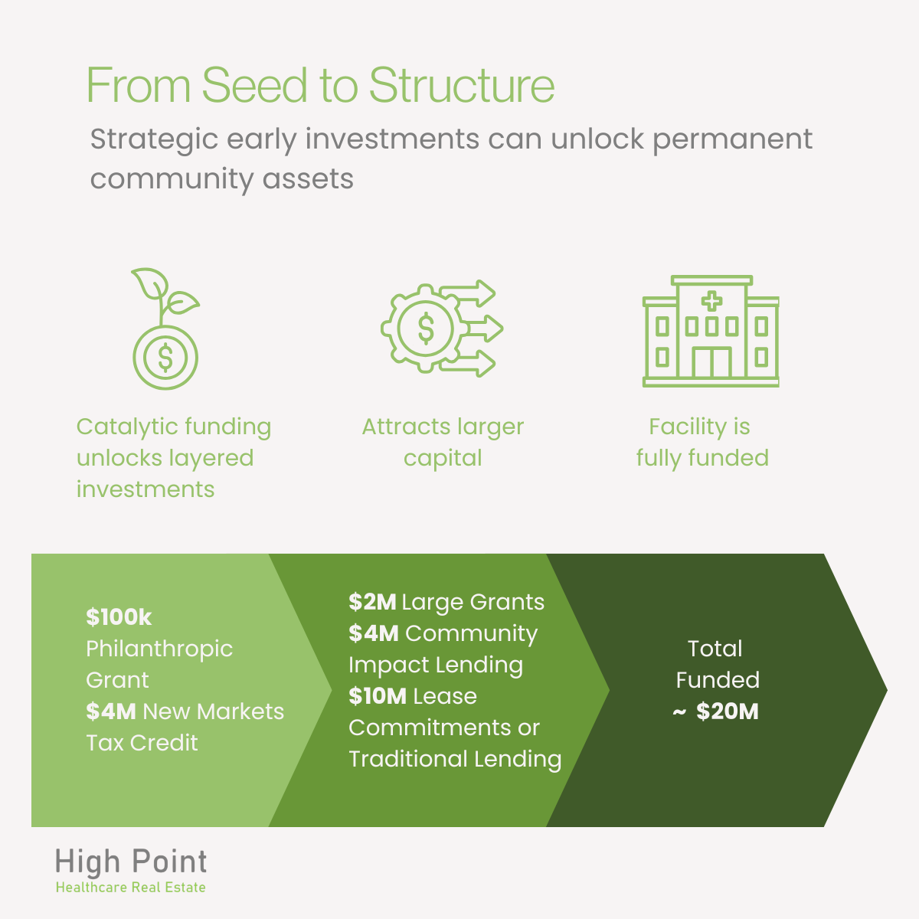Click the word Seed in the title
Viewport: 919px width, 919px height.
257,85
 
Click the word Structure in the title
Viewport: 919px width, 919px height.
461,85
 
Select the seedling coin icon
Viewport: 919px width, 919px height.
165,329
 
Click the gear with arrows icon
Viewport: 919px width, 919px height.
441,329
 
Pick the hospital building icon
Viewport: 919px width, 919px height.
711,331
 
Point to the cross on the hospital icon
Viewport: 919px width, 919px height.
712,301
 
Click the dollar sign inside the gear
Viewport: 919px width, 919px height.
426,329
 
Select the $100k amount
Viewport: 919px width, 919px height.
119,617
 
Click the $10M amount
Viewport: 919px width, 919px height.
377,696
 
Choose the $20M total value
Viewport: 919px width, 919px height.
727,711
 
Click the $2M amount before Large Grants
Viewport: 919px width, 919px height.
372,602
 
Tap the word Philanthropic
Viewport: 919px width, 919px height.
159,649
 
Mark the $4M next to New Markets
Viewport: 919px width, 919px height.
111,711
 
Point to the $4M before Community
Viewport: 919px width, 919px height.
373,633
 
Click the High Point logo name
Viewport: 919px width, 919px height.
131,862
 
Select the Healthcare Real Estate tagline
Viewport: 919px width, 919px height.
131,888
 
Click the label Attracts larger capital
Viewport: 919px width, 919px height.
443,442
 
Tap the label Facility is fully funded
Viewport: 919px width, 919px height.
702,442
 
